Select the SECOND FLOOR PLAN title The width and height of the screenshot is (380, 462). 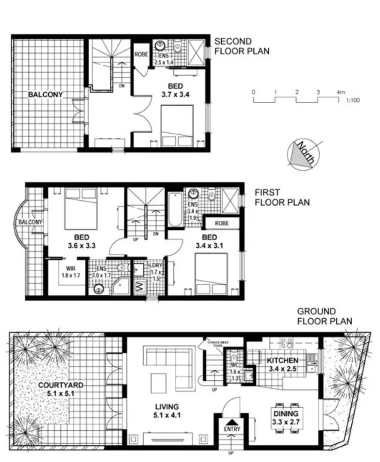[x=241, y=46]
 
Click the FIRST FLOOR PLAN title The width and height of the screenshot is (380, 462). [x=282, y=197]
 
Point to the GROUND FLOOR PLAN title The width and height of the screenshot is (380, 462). [x=324, y=316]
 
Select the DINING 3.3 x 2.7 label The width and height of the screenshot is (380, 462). [x=286, y=417]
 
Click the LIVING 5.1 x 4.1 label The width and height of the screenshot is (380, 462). [x=167, y=411]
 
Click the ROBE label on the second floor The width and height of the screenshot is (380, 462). [x=141, y=55]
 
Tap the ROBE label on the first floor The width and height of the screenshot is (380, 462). [x=222, y=223]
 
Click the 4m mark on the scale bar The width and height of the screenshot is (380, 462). [x=341, y=92]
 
